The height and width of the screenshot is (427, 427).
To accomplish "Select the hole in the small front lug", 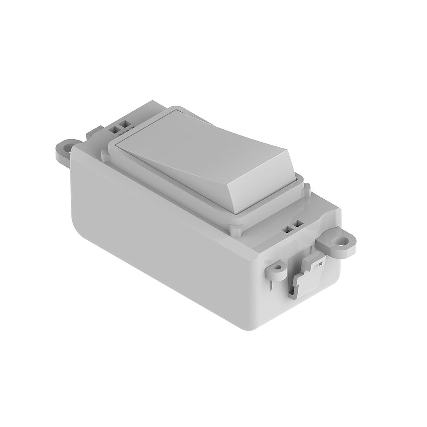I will pyautogui.click(x=276, y=265).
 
